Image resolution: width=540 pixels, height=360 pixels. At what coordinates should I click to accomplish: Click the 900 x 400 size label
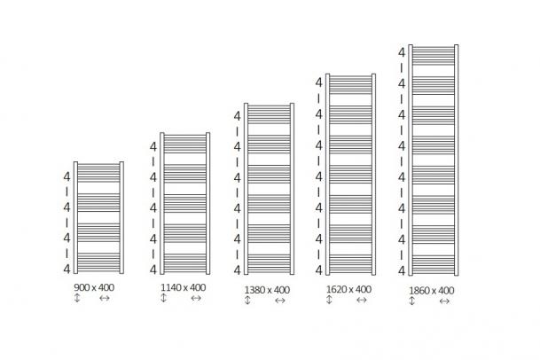click(94, 287)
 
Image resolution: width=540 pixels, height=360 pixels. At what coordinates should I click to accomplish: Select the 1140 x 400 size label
click(184, 287)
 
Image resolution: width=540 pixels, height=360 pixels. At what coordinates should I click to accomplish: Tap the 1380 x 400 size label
click(267, 290)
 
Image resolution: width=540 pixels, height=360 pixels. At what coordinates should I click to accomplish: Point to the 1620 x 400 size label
click(348, 289)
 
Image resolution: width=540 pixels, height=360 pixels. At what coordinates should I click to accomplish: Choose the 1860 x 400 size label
click(432, 291)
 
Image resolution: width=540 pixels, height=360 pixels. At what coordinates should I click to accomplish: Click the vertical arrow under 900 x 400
click(77, 298)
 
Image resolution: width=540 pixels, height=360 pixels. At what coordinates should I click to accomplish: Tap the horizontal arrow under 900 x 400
click(105, 298)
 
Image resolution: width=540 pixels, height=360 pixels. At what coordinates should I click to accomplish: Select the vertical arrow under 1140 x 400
click(163, 298)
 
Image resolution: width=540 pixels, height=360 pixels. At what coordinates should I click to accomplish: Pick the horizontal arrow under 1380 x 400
click(280, 301)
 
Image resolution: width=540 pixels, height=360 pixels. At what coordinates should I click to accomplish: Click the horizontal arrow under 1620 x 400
click(361, 300)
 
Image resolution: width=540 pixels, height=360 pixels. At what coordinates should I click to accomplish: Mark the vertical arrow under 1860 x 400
click(412, 301)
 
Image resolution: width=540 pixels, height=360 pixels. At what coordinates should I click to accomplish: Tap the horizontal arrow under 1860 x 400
click(444, 301)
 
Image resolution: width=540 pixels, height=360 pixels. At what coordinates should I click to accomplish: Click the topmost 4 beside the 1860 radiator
click(402, 52)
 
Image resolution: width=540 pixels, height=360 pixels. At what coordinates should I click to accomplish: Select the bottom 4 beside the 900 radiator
click(67, 269)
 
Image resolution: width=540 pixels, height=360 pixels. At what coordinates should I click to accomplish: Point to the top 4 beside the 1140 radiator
click(153, 147)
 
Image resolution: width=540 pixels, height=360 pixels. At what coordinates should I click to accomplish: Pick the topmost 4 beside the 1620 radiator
click(319, 82)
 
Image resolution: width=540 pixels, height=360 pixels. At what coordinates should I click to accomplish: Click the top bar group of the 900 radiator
click(98, 173)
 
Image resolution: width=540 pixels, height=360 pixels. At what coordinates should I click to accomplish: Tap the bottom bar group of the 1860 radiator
click(434, 264)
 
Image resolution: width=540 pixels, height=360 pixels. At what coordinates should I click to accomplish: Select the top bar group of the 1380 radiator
click(269, 114)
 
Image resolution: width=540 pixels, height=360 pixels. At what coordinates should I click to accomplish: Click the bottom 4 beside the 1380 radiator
click(238, 270)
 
